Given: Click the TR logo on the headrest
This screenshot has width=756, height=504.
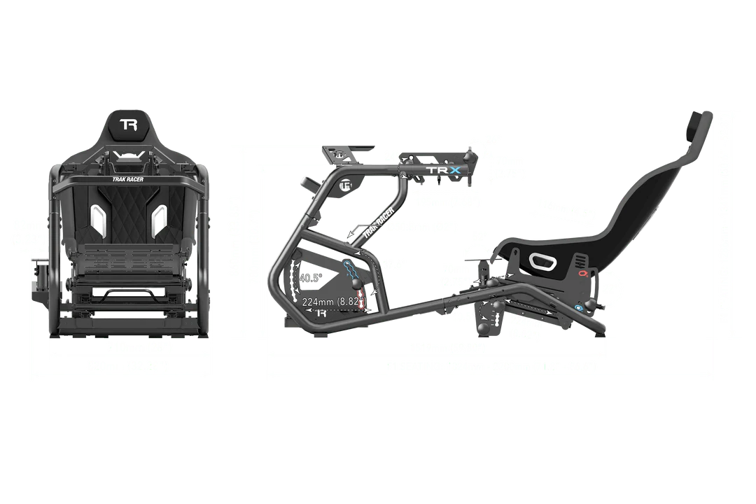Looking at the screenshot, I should click(x=128, y=125).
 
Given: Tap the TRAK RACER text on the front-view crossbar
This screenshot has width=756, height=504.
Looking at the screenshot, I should click(x=128, y=179).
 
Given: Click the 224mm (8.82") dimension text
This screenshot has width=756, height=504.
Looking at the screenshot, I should click(x=332, y=302).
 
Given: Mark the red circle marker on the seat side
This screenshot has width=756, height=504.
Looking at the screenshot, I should click(x=582, y=275).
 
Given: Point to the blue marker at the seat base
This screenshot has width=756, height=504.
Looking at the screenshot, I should click(x=578, y=307).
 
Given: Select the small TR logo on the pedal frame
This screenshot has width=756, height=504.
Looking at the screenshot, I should click(x=323, y=313).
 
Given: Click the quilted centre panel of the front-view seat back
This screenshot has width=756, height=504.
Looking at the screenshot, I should click(x=128, y=213).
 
